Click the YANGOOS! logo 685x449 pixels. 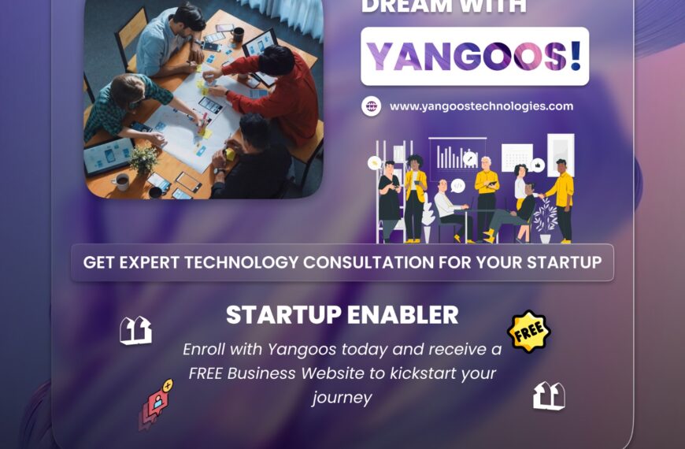click(x=475, y=57)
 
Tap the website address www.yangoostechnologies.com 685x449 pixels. click(x=481, y=106)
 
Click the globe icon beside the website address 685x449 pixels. click(x=371, y=106)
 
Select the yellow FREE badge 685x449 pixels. click(x=528, y=332)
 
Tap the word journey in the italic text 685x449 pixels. click(x=342, y=398)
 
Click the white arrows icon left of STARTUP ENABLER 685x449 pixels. click(x=135, y=331)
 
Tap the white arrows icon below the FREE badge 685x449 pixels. click(x=549, y=395)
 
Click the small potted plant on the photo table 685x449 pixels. click(x=143, y=161)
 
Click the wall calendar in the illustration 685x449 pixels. click(x=517, y=156)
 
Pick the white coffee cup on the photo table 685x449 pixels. click(x=121, y=182)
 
